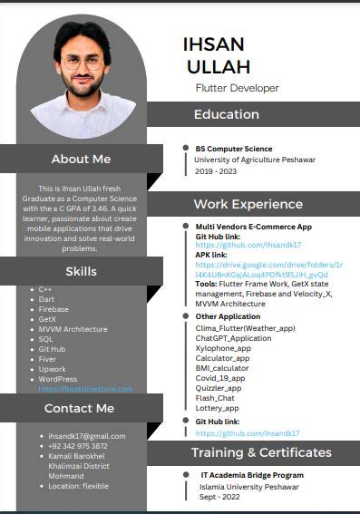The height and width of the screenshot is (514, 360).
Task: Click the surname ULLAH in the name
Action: [218, 66]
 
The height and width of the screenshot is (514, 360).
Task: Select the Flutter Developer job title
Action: [238, 88]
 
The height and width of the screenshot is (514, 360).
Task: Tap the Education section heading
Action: [226, 114]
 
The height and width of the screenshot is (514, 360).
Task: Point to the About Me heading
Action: [81, 159]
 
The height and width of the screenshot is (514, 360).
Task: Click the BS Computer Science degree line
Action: [234, 149]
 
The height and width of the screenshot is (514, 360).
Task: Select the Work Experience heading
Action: [248, 204]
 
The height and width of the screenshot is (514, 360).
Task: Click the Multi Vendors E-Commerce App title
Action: [253, 226]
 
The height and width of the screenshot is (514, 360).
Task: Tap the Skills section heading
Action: [81, 271]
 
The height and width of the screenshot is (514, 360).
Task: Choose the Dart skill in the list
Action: [46, 299]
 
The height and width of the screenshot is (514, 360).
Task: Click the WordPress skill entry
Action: [57, 379]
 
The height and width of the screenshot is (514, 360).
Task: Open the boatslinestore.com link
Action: [85, 389]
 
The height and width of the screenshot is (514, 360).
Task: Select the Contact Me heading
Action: [81, 408]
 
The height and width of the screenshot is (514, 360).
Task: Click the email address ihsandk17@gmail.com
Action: [87, 436]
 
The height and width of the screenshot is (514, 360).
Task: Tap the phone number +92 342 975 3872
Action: [78, 446]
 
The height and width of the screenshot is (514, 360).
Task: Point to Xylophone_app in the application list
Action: [223, 348]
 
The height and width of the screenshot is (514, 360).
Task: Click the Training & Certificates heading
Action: [261, 452]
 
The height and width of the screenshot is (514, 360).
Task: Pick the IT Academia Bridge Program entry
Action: [252, 475]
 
